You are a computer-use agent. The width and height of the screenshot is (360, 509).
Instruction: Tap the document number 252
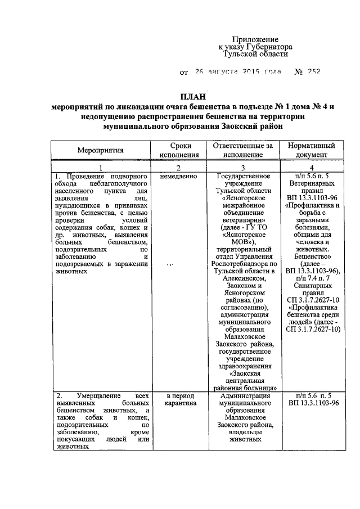click(313, 73)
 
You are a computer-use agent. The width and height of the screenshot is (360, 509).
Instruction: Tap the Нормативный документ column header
click(313, 150)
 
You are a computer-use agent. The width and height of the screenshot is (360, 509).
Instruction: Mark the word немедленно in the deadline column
click(178, 176)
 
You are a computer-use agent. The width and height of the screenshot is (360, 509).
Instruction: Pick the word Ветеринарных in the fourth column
click(313, 183)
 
